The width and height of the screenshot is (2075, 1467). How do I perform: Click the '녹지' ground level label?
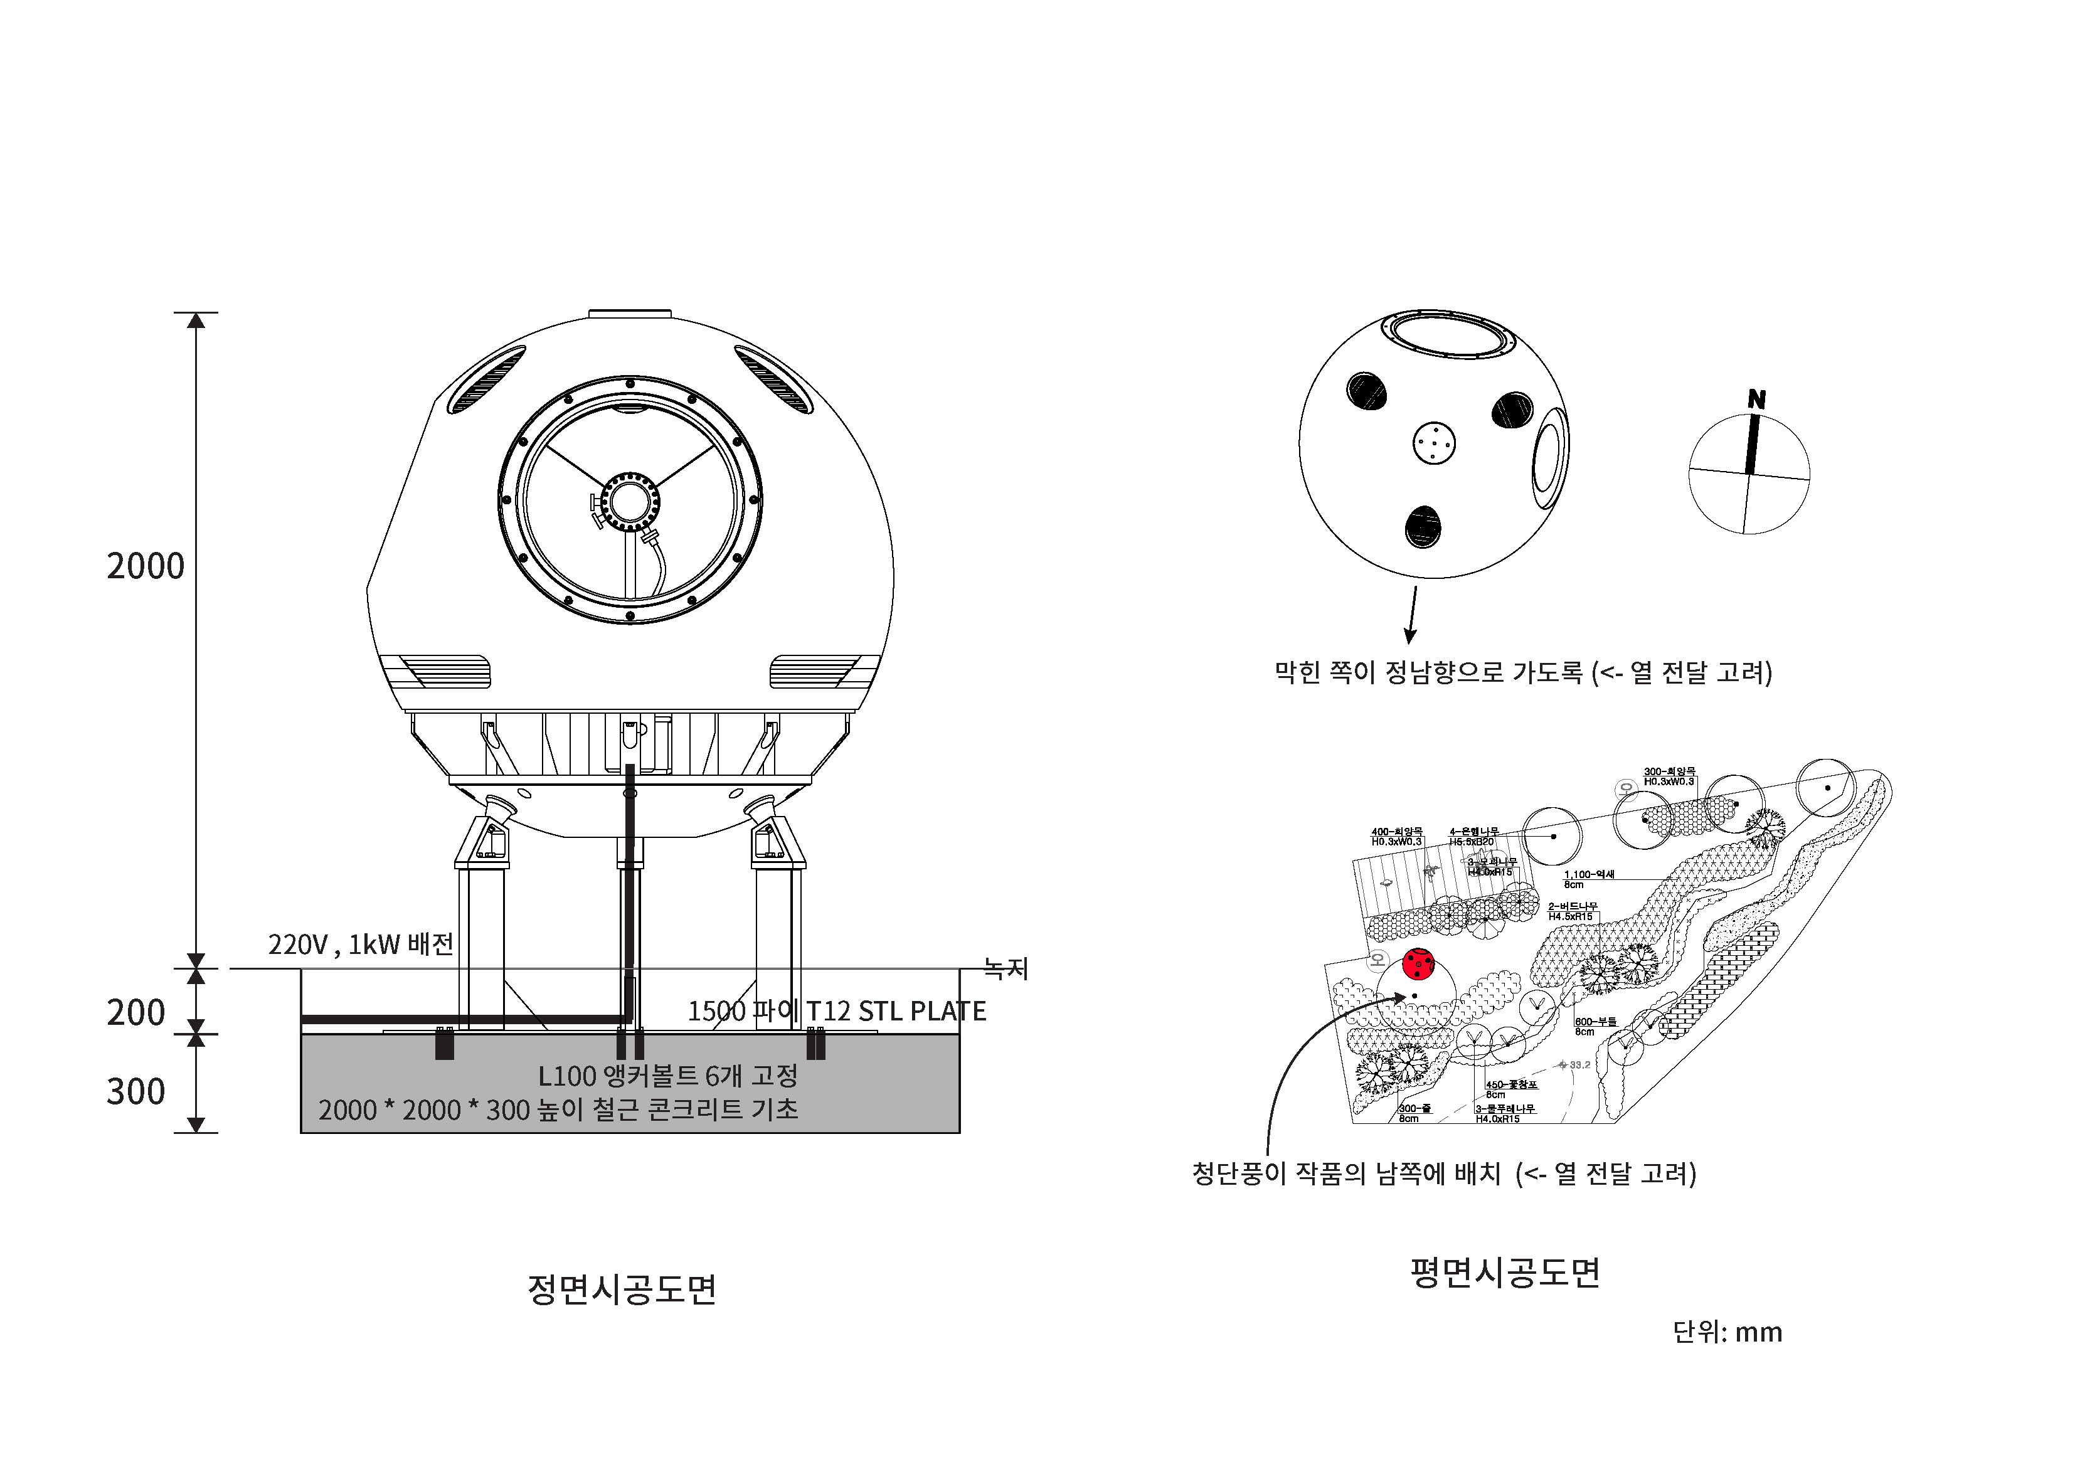[1006, 969]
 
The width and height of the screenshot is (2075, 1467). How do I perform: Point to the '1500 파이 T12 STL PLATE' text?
[836, 1010]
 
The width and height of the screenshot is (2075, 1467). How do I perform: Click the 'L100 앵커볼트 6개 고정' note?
[668, 1076]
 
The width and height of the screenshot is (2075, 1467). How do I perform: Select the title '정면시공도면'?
[622, 1289]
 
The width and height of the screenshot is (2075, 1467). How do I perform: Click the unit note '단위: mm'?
[1727, 1332]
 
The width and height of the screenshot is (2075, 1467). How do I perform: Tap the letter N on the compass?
[1756, 399]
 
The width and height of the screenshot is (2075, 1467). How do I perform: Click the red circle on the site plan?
[1418, 965]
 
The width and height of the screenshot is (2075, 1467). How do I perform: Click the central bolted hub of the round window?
[629, 500]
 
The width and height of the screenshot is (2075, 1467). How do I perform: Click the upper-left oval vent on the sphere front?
[486, 379]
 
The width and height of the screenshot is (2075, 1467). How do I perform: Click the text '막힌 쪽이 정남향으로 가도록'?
[1428, 672]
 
